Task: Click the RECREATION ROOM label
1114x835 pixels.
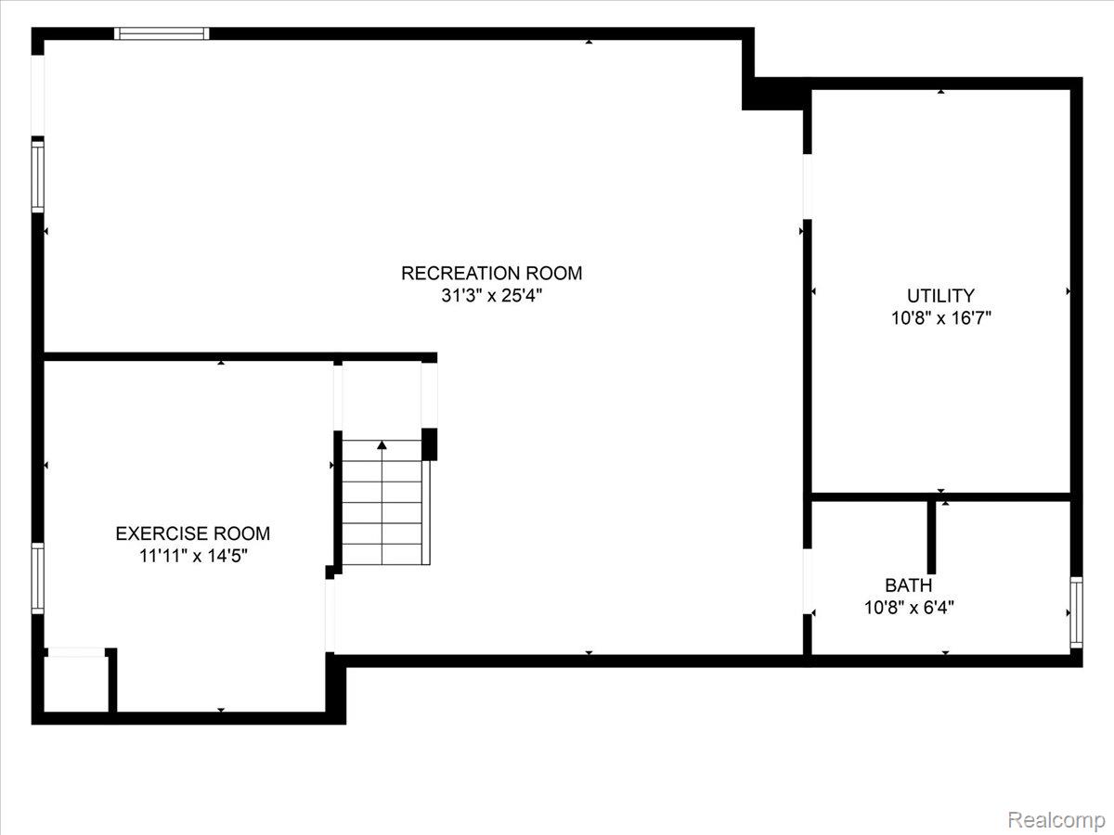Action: click(x=491, y=273)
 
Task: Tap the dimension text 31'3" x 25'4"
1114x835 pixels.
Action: click(x=491, y=297)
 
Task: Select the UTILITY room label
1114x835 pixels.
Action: click(x=940, y=296)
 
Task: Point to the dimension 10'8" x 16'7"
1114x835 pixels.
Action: click(x=940, y=319)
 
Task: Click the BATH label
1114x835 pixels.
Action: click(x=908, y=585)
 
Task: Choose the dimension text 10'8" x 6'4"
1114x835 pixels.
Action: click(x=908, y=609)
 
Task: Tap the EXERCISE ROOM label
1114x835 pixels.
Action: click(x=192, y=533)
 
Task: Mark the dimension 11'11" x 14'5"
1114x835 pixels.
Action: click(x=192, y=557)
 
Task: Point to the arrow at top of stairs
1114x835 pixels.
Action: click(x=382, y=445)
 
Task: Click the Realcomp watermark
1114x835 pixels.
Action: click(x=1056, y=820)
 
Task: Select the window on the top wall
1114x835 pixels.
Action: click(x=162, y=33)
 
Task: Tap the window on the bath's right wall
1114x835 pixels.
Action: click(x=1076, y=612)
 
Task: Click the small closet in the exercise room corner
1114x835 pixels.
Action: click(x=75, y=684)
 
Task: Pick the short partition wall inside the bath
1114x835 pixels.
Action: click(x=931, y=536)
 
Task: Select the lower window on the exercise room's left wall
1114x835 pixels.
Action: click(x=38, y=578)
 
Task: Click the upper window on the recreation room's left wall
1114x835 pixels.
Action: click(x=38, y=176)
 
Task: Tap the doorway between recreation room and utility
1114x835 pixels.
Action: click(x=807, y=186)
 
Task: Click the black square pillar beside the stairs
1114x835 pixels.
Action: click(x=429, y=443)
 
